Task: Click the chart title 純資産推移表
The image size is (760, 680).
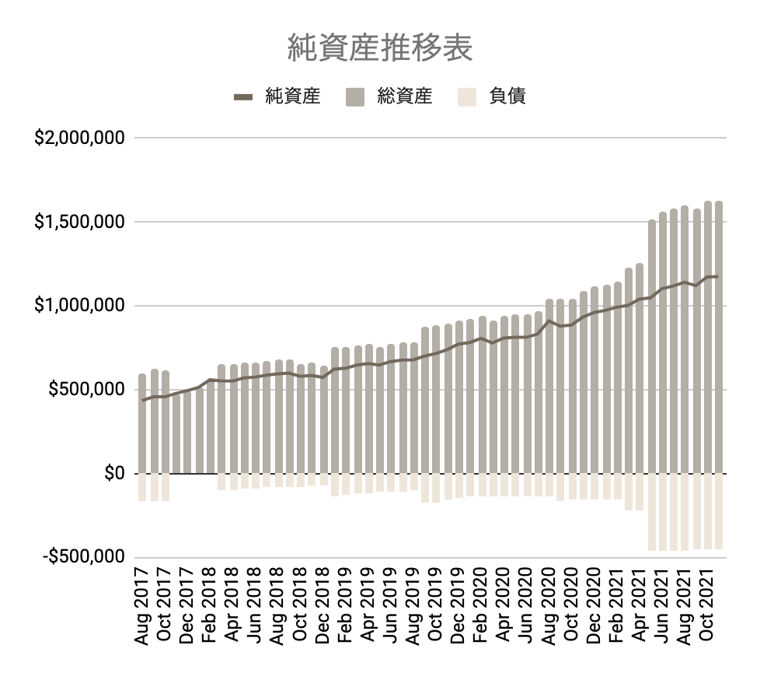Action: (x=379, y=48)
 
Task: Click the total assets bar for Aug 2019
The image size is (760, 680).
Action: (x=414, y=412)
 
